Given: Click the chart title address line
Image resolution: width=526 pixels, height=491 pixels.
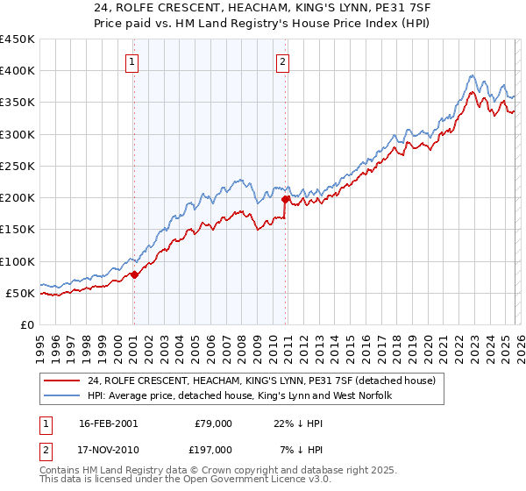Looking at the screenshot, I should tap(262, 8).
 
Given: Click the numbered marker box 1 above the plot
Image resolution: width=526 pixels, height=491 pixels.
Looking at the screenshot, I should tap(131, 61).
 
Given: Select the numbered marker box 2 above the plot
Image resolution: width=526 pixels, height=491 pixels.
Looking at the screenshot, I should tap(283, 61).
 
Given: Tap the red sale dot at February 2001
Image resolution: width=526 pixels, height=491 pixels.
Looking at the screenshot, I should tap(134, 274).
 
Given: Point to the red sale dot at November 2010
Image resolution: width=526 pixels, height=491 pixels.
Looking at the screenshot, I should tap(286, 200).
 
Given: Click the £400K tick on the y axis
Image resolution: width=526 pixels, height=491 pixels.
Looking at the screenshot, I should tap(18, 71).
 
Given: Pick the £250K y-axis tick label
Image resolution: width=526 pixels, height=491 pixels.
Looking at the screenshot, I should tap(18, 166).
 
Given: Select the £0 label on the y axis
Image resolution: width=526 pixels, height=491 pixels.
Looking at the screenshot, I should tap(26, 324).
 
